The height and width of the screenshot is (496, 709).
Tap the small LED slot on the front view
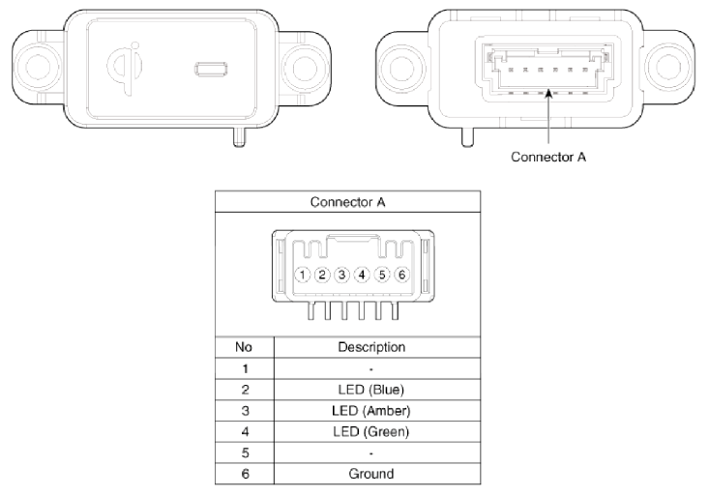(x=211, y=70)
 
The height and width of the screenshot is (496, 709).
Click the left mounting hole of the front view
(x=40, y=67)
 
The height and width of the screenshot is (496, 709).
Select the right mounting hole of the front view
(x=306, y=68)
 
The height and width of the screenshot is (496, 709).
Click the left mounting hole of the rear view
(x=401, y=68)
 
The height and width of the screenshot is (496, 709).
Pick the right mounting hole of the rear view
(x=668, y=68)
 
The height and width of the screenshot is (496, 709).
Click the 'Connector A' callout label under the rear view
(x=548, y=157)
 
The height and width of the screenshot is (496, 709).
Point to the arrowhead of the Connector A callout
(x=548, y=93)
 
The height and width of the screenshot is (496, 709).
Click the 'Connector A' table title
(x=347, y=202)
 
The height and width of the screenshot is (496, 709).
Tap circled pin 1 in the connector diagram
(x=302, y=275)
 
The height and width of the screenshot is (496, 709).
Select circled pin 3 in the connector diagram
(x=341, y=275)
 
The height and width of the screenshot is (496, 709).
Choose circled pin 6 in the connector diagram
(x=401, y=275)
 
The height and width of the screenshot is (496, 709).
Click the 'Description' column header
(x=371, y=347)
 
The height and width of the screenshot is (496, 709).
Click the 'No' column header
(x=244, y=347)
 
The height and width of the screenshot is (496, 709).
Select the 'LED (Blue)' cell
(x=370, y=390)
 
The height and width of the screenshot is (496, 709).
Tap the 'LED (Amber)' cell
(x=370, y=411)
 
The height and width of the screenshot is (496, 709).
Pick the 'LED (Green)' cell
(x=370, y=432)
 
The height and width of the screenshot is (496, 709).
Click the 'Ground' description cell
(x=370, y=474)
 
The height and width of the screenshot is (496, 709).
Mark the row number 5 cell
(x=245, y=452)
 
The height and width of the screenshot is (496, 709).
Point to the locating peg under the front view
(x=240, y=137)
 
